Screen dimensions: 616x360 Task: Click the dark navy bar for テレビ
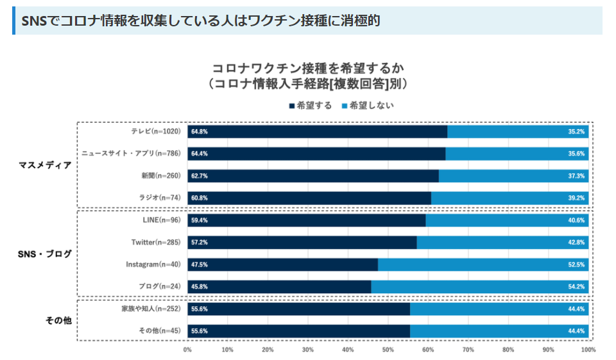point(318,132)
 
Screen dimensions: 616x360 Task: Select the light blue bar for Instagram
point(483,264)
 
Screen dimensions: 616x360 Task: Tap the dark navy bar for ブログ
point(279,287)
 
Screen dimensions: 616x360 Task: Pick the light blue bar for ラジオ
point(509,198)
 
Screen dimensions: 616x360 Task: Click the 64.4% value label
point(199,153)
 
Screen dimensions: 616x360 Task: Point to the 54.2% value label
point(576,287)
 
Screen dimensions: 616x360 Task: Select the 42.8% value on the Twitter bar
point(576,243)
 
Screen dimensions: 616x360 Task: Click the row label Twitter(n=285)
point(156,242)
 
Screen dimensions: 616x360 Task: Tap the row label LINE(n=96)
point(162,220)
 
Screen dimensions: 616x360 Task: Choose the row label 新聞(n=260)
point(161,176)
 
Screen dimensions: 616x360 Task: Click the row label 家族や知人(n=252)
point(151,309)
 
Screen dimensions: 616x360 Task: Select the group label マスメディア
point(45,165)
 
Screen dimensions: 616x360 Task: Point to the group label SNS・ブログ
point(45,254)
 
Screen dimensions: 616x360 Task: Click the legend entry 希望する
point(311,105)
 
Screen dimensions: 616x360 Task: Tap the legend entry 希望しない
point(368,105)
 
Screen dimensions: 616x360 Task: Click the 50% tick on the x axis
point(388,349)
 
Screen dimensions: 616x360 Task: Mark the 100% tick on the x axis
point(588,349)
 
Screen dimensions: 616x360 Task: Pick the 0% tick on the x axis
point(187,349)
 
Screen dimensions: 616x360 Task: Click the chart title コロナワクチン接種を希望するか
point(308,69)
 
